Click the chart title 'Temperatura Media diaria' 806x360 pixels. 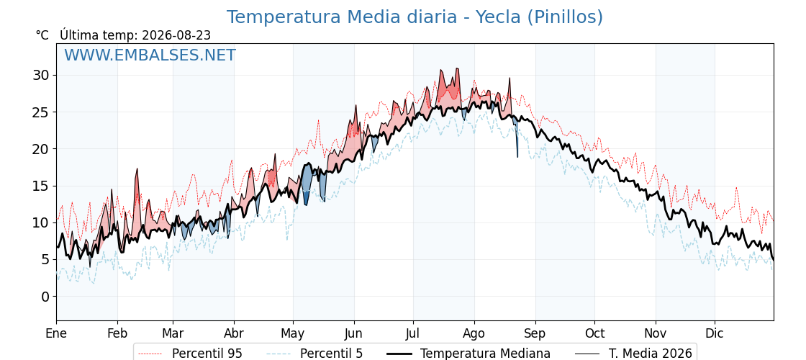click(341, 17)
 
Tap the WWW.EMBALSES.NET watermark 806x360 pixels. click(150, 55)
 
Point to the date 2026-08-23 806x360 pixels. click(176, 35)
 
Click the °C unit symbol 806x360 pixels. click(42, 35)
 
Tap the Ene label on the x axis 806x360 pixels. click(56, 333)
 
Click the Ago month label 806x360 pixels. click(474, 333)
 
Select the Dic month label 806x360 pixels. click(715, 333)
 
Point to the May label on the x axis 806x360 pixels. click(293, 333)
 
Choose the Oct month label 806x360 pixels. click(594, 333)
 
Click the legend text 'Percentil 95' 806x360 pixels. click(207, 354)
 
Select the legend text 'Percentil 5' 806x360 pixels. click(332, 354)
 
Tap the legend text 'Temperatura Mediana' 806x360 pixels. click(485, 354)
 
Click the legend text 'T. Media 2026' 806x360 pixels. click(651, 354)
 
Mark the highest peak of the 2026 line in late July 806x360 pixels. click(456, 68)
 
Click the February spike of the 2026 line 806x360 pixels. click(137, 168)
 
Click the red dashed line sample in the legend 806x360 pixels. click(151, 354)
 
